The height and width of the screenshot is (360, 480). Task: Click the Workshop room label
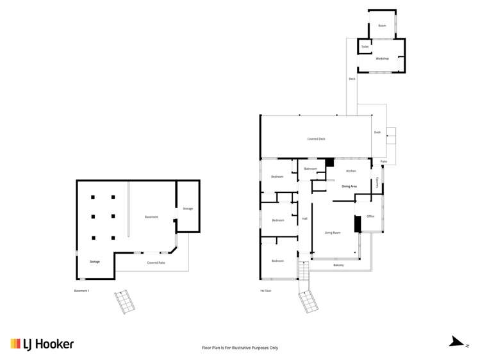pyautogui.click(x=382, y=58)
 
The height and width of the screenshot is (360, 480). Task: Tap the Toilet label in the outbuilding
pyautogui.click(x=365, y=47)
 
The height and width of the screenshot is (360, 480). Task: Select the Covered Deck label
pyautogui.click(x=316, y=138)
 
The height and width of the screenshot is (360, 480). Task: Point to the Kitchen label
pyautogui.click(x=351, y=171)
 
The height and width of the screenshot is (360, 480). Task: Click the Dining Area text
pyautogui.click(x=349, y=186)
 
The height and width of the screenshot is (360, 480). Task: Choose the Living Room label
pyautogui.click(x=332, y=233)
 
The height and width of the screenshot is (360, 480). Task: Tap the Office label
pyautogui.click(x=370, y=217)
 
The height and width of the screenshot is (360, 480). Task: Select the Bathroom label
pyautogui.click(x=311, y=168)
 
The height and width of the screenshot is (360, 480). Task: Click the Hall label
pyautogui.click(x=304, y=219)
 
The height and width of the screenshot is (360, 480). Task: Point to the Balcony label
pyautogui.click(x=338, y=265)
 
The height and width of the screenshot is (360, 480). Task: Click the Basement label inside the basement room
pyautogui.click(x=151, y=217)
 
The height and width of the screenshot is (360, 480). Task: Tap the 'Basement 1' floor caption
pyautogui.click(x=81, y=291)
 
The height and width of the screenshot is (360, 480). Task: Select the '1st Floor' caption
pyautogui.click(x=265, y=291)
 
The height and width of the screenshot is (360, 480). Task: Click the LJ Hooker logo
pyautogui.click(x=42, y=344)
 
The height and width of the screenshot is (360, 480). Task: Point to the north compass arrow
pyautogui.click(x=458, y=342)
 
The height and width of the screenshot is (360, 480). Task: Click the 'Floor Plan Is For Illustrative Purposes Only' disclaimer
pyautogui.click(x=240, y=348)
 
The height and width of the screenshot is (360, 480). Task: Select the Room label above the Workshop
pyautogui.click(x=382, y=26)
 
